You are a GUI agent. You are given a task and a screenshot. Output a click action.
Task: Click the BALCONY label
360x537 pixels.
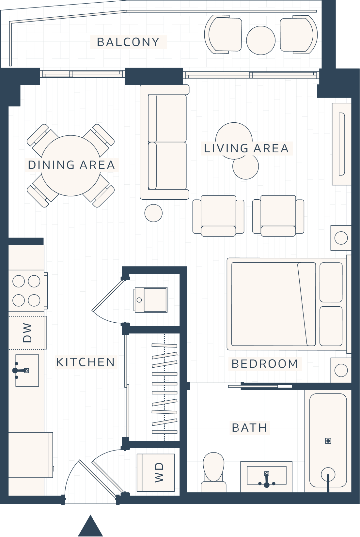[128, 42]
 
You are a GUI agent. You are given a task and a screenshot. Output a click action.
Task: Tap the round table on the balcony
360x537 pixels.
[260, 40]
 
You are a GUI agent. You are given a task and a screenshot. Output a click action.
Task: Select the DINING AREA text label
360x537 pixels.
[71, 165]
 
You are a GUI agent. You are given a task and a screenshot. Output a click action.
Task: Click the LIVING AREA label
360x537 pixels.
[246, 148]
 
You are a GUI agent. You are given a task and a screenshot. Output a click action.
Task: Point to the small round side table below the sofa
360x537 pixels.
[153, 213]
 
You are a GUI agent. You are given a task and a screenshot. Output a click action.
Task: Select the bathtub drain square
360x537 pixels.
[328, 441]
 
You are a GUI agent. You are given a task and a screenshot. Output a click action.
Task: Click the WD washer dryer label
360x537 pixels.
[159, 472]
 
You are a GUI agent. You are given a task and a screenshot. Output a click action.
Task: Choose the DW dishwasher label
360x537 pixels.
[27, 333]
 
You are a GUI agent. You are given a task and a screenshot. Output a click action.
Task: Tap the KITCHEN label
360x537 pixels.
[86, 362]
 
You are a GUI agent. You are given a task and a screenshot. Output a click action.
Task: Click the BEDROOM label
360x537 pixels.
[265, 364]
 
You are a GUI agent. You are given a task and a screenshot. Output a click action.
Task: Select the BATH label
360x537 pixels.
[249, 428]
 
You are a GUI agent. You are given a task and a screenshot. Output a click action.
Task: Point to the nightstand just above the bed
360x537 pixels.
[341, 238]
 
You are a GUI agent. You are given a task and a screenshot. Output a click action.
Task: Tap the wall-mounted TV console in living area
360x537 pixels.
[342, 144]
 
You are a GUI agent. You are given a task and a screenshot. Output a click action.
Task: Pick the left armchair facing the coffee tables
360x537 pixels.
[218, 215]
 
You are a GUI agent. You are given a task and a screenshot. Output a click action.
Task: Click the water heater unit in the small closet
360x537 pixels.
[151, 299]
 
